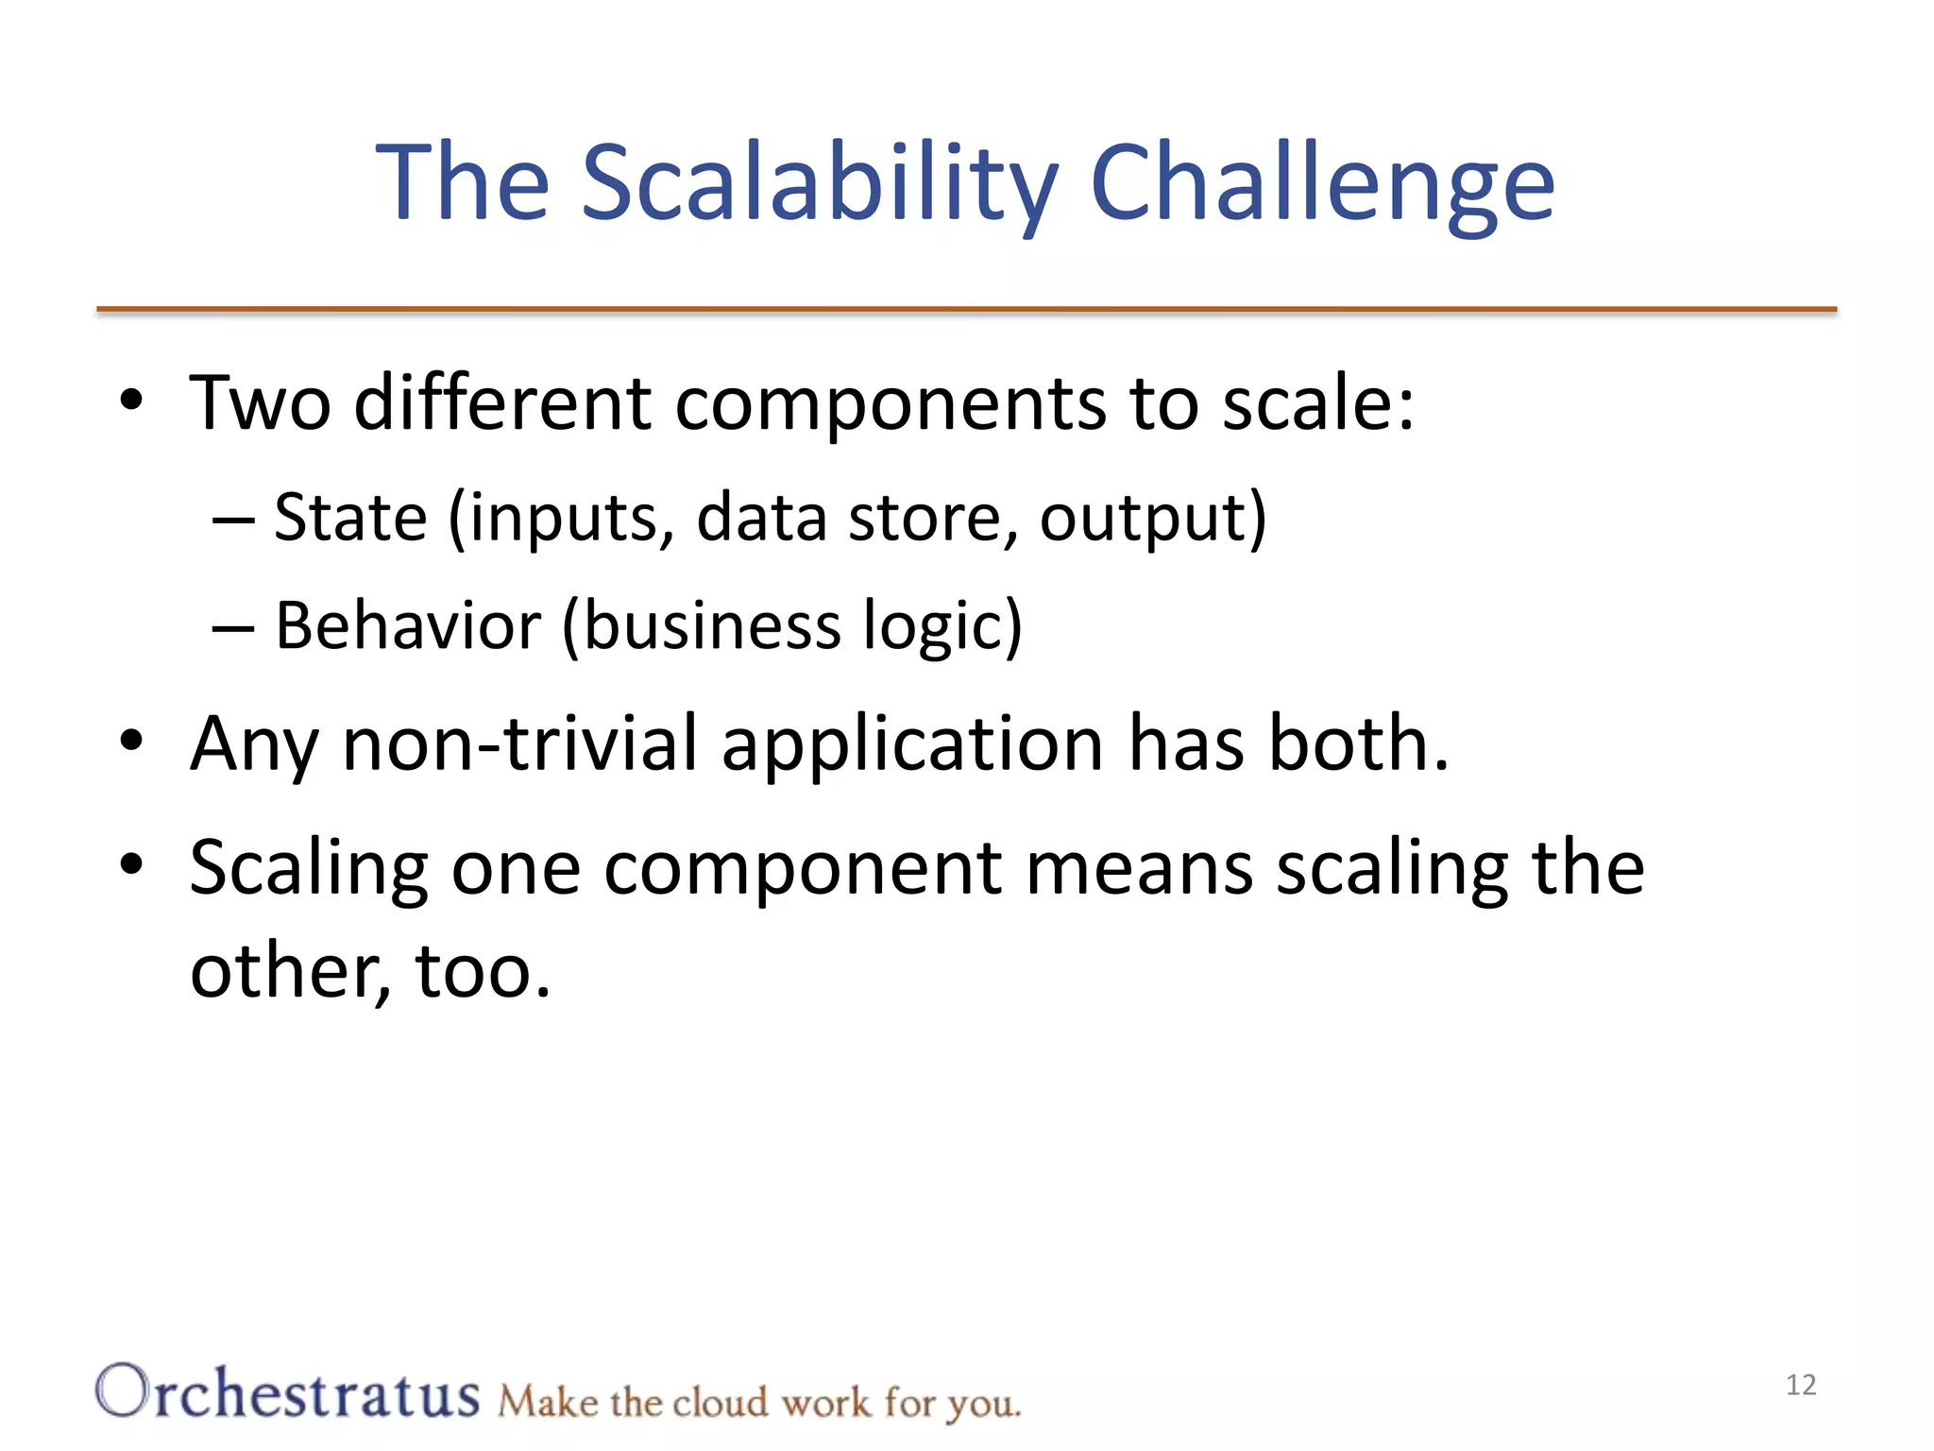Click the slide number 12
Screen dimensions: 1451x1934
pyautogui.click(x=1801, y=1385)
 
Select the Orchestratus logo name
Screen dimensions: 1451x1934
pyautogui.click(x=288, y=1394)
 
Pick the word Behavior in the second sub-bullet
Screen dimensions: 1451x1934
pyautogui.click(x=407, y=626)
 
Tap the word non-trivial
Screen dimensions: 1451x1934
pyautogui.click(x=519, y=743)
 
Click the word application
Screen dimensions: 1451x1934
pyautogui.click(x=912, y=743)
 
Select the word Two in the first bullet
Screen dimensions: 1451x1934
pyautogui.click(x=260, y=403)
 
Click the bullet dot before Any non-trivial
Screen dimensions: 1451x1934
pyautogui.click(x=131, y=741)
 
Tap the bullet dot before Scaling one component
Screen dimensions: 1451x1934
pyautogui.click(x=131, y=863)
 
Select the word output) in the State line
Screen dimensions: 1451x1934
pyautogui.click(x=1153, y=520)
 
